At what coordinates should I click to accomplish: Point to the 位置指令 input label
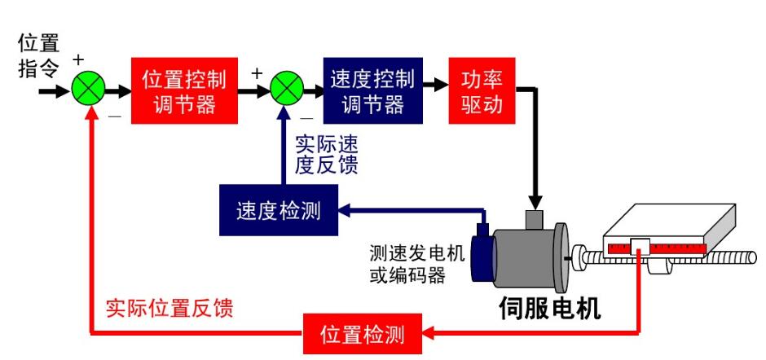pyautogui.click(x=37, y=55)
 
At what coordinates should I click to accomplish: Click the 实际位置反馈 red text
pyautogui.click(x=169, y=309)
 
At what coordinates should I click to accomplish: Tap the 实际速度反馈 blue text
pyautogui.click(x=326, y=154)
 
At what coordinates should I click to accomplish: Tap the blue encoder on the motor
pyautogui.click(x=484, y=258)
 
